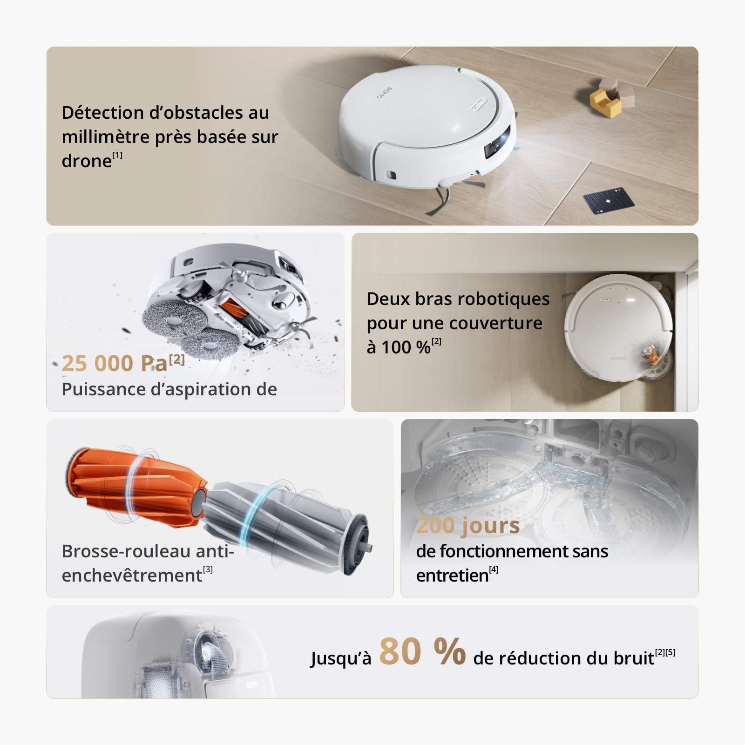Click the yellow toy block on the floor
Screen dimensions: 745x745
coord(604,102)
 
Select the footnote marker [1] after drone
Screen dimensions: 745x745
coord(117,155)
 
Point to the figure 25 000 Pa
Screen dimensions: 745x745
coord(115,363)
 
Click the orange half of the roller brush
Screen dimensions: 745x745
coord(135,484)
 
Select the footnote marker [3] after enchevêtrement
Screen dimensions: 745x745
coord(208,569)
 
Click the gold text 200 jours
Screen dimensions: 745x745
coord(467,525)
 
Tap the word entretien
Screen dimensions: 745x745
coord(452,576)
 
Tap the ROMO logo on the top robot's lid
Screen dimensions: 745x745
coord(385,93)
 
